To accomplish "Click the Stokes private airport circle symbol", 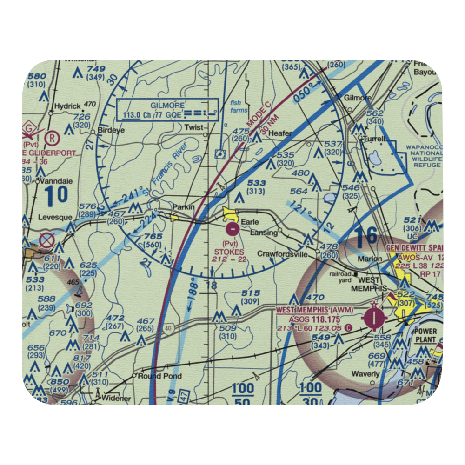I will click(232, 228).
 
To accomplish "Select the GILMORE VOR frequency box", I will click(167, 110).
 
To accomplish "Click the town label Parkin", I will click(183, 207).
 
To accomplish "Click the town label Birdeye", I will click(110, 131).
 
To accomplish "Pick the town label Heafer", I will click(280, 133).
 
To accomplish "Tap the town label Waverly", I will click(365, 374).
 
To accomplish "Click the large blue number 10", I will click(56, 196).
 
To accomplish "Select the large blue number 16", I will click(366, 236).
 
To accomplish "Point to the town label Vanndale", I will click(55, 181).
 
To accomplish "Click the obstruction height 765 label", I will click(153, 237).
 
